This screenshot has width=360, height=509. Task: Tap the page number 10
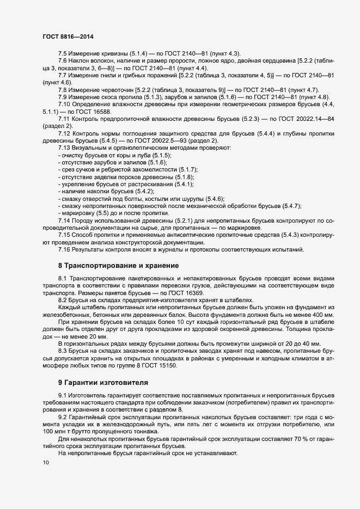pyautogui.click(x=45, y=463)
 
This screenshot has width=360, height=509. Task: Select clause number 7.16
pyautogui.click(x=64, y=249)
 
